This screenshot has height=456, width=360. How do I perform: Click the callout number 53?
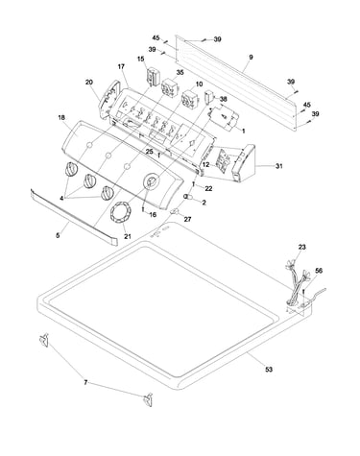(269, 370)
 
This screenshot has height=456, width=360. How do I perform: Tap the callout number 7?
(85, 382)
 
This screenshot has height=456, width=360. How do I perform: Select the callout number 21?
(128, 237)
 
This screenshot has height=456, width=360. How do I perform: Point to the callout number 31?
(279, 166)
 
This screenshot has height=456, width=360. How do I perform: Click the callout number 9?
(251, 57)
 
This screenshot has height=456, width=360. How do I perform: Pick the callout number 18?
(61, 118)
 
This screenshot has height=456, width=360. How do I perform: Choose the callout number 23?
(302, 247)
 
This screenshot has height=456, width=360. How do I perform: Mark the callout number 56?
(319, 271)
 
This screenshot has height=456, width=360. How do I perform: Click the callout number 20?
(89, 83)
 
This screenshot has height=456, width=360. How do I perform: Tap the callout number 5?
(58, 235)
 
